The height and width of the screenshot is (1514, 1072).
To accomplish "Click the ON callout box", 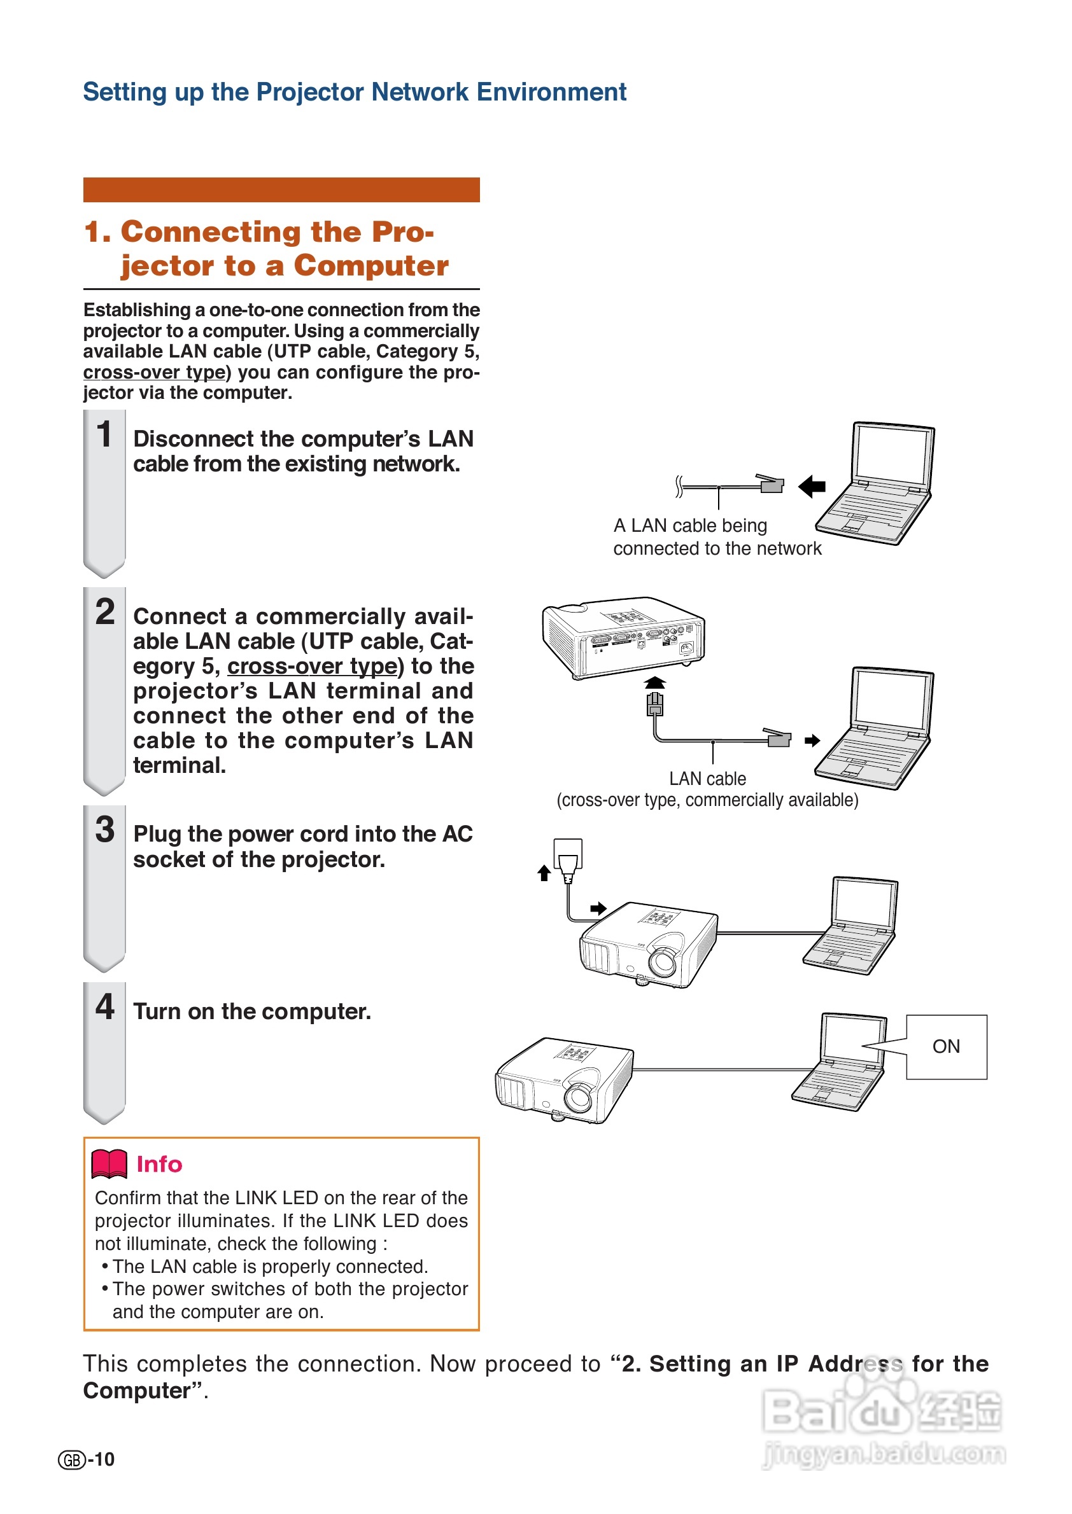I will pyautogui.click(x=946, y=1046).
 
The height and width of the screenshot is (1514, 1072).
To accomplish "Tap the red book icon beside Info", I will pyautogui.click(x=109, y=1163).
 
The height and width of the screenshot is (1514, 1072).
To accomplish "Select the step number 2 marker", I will pyautogui.click(x=105, y=611).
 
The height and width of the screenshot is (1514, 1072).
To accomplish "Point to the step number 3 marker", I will pyautogui.click(x=105, y=830).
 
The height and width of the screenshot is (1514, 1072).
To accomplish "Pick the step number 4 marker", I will pyautogui.click(x=105, y=1007).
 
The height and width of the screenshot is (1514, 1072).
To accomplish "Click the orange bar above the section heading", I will pyautogui.click(x=281, y=190).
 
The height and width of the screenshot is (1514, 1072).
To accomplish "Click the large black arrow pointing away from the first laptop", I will pyautogui.click(x=812, y=487).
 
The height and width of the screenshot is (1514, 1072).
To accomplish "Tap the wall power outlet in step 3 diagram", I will pyautogui.click(x=568, y=855).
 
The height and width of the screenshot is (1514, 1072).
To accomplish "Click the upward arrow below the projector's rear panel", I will pyautogui.click(x=654, y=682).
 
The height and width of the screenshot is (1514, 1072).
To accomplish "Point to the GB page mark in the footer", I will pyautogui.click(x=72, y=1460).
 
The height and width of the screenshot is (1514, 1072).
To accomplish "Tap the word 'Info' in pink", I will pyautogui.click(x=159, y=1164).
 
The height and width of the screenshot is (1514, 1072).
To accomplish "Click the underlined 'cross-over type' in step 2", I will pyautogui.click(x=312, y=666).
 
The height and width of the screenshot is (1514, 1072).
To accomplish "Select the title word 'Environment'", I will pyautogui.click(x=551, y=92).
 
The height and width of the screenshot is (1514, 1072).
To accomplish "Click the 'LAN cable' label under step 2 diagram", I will pyautogui.click(x=707, y=779).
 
